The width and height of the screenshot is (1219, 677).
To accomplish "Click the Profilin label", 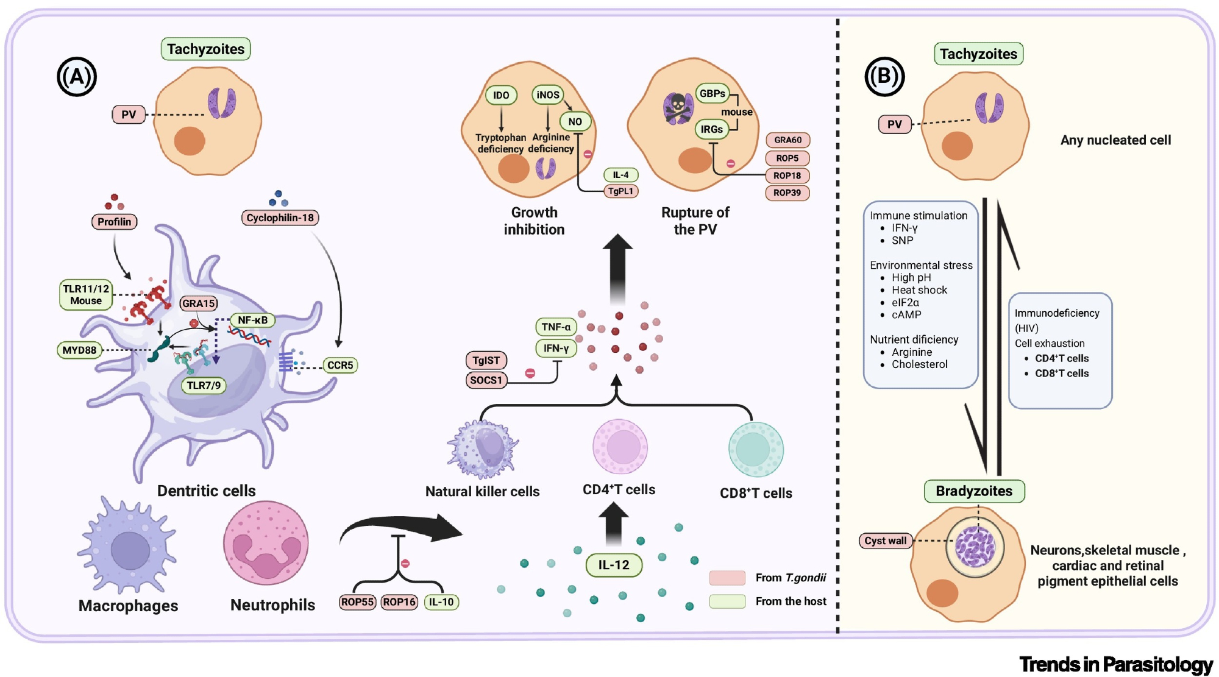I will point(114,222).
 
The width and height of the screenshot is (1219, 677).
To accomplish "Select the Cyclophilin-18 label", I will point(280,218).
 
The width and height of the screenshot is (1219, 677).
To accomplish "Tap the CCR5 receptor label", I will point(340,365).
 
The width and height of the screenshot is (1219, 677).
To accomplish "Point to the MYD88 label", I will point(79,350).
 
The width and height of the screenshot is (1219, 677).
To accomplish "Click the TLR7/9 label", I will point(204,385).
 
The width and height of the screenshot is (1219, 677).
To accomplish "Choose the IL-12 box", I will point(613,565).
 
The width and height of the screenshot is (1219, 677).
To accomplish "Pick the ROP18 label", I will point(787,175).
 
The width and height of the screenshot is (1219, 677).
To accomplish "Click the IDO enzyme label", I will point(501,95).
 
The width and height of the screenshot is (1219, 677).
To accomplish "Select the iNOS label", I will point(547,94).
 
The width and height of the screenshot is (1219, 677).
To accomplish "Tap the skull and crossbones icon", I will point(678,108).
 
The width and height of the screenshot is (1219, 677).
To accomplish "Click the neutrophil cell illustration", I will point(266,543).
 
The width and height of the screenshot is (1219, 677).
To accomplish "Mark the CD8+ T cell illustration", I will point(756,450).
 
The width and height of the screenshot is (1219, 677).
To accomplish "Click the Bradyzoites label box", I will point(974,491).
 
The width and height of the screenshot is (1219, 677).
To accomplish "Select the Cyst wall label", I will point(885,541).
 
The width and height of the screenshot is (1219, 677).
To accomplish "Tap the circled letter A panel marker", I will point(77,77).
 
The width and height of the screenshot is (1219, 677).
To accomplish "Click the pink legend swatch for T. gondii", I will point(727,578).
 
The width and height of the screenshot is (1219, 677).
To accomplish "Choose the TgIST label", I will point(486,360).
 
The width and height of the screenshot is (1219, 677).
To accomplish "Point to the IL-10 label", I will point(441,602).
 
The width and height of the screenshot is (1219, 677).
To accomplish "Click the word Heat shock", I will point(919,290).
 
